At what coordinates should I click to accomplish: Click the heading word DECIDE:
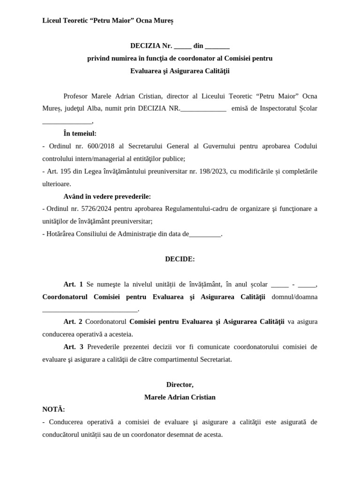pyautogui.click(x=180, y=259)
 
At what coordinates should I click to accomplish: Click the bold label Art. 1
pyautogui.click(x=73, y=284)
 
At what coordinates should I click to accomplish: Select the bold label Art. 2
pyautogui.click(x=73, y=322)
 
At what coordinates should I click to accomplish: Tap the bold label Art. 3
pyautogui.click(x=73, y=347)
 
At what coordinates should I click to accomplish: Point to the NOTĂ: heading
pyautogui.click(x=53, y=409)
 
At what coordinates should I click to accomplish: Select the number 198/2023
pyautogui.click(x=211, y=172)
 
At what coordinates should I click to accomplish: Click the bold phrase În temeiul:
pyautogui.click(x=80, y=134)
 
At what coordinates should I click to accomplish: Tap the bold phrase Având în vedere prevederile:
pyautogui.click(x=107, y=196)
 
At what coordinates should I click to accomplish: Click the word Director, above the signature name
pyautogui.click(x=180, y=384)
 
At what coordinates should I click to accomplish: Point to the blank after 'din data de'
pyautogui.click(x=204, y=234)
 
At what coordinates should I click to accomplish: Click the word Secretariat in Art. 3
pyautogui.click(x=215, y=360)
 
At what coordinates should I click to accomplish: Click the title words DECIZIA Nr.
pyautogui.click(x=151, y=46)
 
